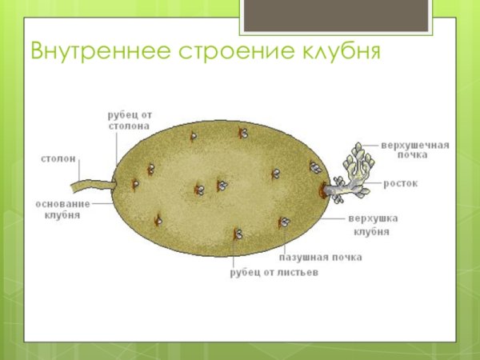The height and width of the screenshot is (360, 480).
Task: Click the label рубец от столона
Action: [130, 120]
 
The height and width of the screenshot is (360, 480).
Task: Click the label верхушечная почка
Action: [415, 150]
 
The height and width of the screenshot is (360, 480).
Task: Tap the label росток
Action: [400, 183]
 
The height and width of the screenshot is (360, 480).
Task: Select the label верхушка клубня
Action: [372, 225]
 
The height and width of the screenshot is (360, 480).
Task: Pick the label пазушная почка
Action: [320, 258]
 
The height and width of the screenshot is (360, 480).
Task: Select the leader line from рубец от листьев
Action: [234, 252]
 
